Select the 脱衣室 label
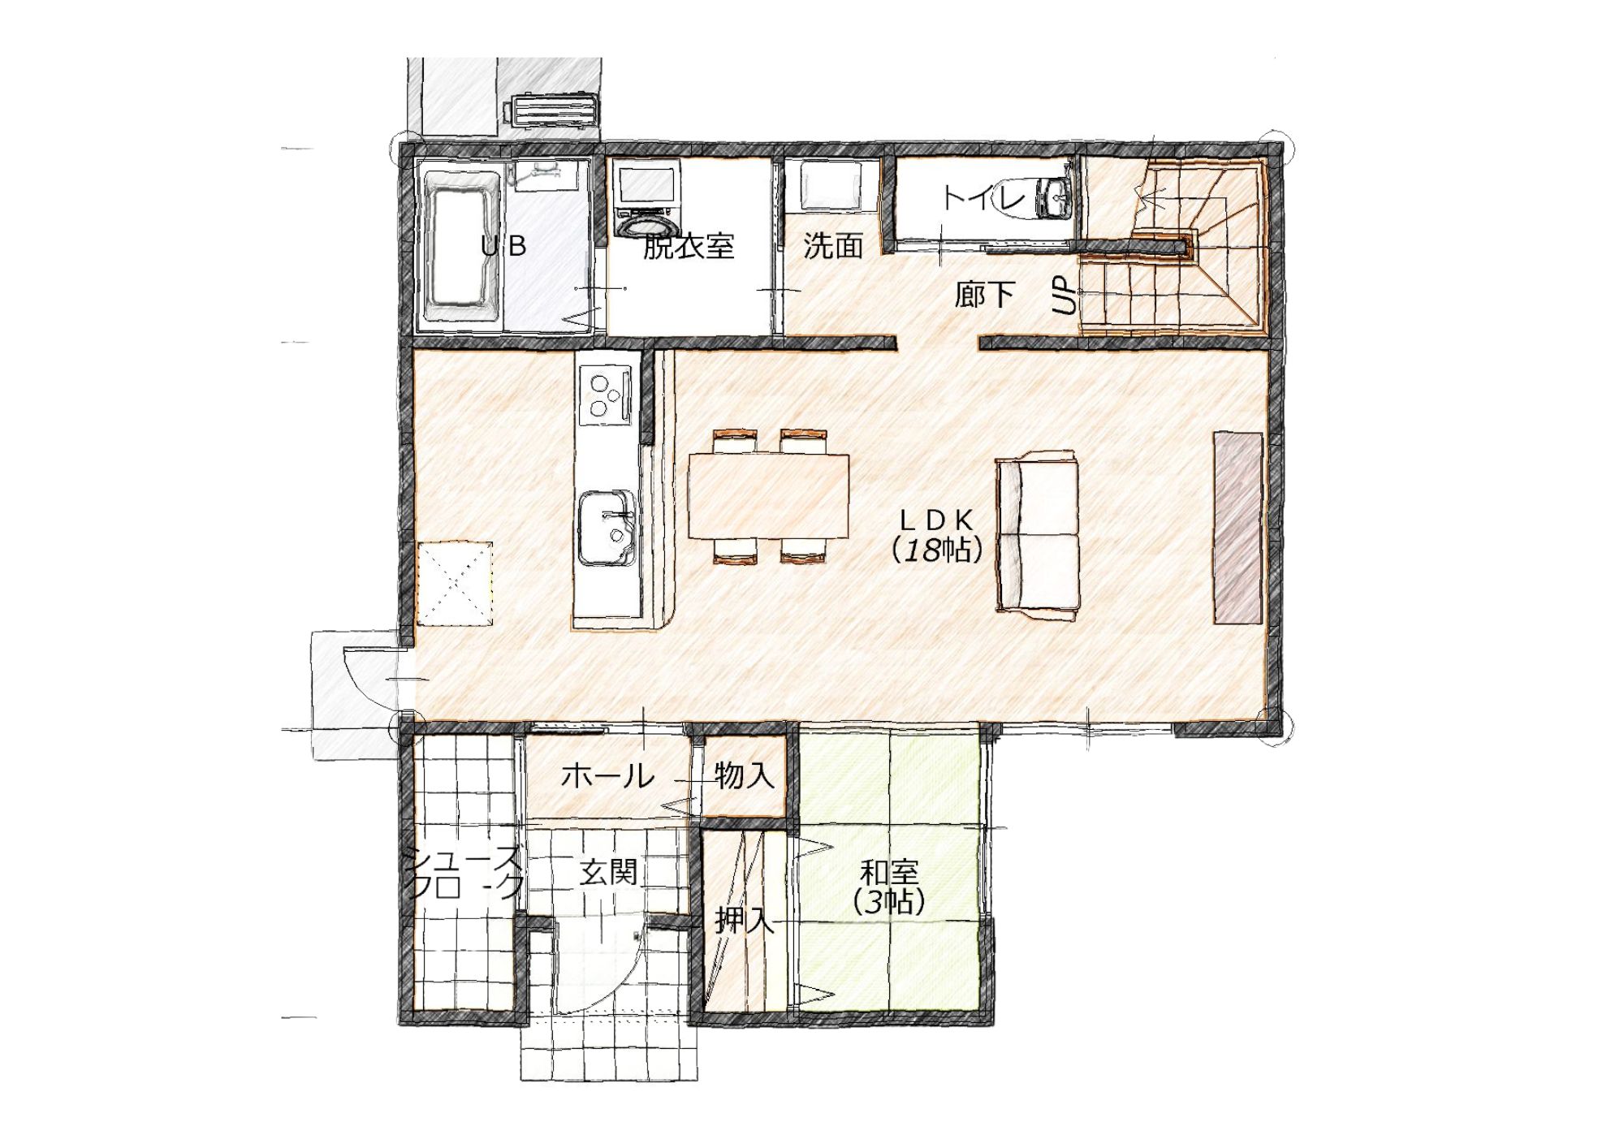tap(689, 246)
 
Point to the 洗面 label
tap(832, 245)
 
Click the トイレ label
tap(984, 197)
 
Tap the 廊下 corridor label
tap(984, 294)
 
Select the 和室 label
tap(889, 873)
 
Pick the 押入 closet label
tap(744, 920)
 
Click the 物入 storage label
tap(745, 775)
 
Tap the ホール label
tap(607, 776)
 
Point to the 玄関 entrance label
tap(607, 873)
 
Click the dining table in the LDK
tap(768, 496)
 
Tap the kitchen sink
tap(607, 528)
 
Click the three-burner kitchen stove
tap(606, 395)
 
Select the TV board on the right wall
tap(1238, 528)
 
